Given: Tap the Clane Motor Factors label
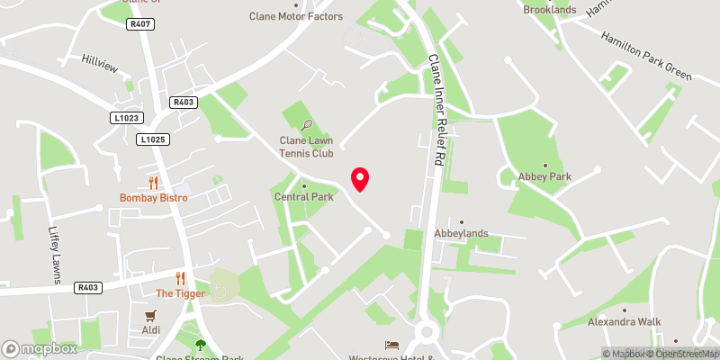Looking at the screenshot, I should [x=295, y=16].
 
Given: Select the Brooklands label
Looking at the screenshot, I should [x=549, y=9].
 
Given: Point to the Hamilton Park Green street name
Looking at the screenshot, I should [x=645, y=59].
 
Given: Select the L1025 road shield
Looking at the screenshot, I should [x=153, y=139].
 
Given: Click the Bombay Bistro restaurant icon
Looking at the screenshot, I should [x=153, y=183].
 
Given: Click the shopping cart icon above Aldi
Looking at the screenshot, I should [x=151, y=315].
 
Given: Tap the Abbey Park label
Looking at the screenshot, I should [x=538, y=176].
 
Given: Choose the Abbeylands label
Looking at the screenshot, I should [x=461, y=233].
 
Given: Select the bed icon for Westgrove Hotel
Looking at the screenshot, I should [x=391, y=346].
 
